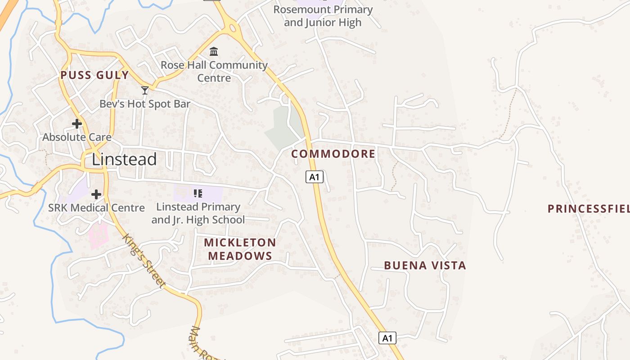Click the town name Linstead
[x=124, y=159]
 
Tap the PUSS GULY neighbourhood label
[x=94, y=75]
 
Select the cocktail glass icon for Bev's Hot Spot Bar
[x=145, y=90]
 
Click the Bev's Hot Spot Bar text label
[x=145, y=104]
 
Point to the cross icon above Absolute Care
[x=77, y=123]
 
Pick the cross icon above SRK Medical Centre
[x=96, y=194]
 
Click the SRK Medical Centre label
[x=96, y=208]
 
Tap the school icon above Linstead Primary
[x=198, y=193]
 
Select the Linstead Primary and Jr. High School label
[x=198, y=213]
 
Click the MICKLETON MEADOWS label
[x=240, y=249]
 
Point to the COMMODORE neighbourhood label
[x=333, y=154]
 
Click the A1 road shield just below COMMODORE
[x=315, y=177]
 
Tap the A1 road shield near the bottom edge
[x=387, y=338]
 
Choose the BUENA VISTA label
[x=425, y=265]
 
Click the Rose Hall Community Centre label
[x=214, y=71]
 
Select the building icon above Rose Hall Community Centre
[x=214, y=51]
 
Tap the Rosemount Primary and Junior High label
[x=323, y=16]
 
